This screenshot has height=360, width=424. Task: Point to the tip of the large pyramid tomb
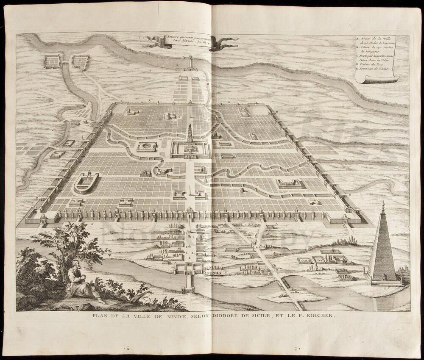(x=383, y=203)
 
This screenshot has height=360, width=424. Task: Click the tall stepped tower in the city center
(x=190, y=135)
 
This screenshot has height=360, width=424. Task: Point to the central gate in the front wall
(x=190, y=212)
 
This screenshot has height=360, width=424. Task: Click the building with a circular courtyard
(x=146, y=147)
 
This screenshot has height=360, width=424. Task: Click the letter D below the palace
(x=191, y=161)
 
